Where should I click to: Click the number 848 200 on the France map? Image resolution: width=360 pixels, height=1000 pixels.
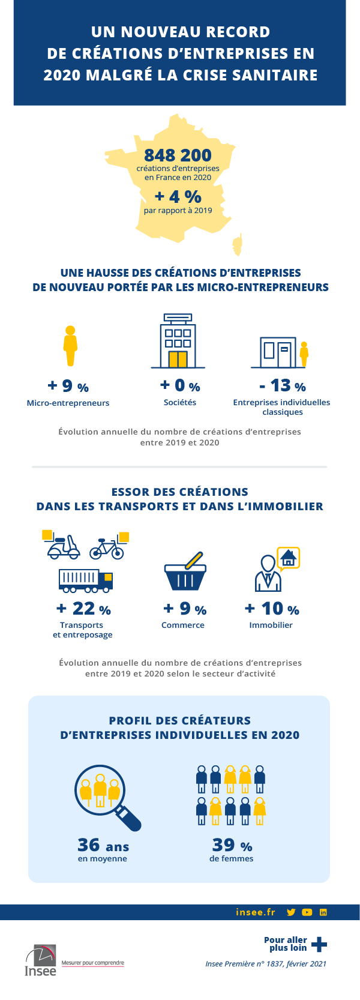(178, 155)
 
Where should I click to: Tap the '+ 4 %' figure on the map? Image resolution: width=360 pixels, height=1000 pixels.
(178, 196)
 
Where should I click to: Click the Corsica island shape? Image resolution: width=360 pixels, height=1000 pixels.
(236, 244)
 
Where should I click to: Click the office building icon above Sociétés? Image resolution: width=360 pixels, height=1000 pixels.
(178, 340)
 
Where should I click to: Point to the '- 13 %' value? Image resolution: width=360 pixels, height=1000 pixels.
(283, 385)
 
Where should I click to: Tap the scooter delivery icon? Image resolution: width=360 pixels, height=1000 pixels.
(62, 544)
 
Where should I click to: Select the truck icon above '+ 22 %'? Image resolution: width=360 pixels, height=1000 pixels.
(85, 579)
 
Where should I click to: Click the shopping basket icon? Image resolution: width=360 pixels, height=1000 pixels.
(185, 572)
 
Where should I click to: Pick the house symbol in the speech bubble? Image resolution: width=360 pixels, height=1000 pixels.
(289, 558)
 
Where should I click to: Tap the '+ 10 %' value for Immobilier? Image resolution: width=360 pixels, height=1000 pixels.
(272, 609)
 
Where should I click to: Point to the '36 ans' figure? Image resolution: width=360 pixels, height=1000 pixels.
(103, 845)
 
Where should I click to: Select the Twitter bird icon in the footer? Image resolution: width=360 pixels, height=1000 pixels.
(291, 912)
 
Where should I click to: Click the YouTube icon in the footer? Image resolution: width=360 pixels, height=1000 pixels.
(307, 912)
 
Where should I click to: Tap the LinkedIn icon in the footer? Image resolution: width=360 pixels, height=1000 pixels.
(323, 912)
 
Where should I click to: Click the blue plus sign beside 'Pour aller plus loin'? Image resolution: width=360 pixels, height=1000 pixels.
(319, 944)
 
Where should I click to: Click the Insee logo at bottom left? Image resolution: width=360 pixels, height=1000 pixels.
(40, 960)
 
